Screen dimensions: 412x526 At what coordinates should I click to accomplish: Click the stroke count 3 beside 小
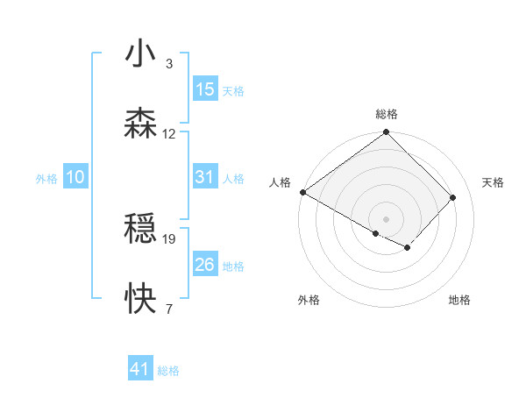point(168,64)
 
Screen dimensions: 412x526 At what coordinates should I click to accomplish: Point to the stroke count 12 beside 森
point(169,133)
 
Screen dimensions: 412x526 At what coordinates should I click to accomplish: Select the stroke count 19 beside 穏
point(169,238)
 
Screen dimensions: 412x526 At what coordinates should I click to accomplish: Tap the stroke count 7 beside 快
point(168,309)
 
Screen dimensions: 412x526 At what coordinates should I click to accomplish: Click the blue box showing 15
point(204,89)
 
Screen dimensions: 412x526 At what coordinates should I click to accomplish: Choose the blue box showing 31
point(204,177)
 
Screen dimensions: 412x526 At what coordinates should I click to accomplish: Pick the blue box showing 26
point(204,265)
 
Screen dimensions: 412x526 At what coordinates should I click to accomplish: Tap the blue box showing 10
point(75,177)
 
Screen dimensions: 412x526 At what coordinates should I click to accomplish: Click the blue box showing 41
point(140,369)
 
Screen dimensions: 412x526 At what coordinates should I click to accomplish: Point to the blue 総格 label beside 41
point(168,371)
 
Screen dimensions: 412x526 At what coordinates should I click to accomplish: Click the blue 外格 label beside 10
point(46,178)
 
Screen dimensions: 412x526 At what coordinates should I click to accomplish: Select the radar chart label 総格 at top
point(386,114)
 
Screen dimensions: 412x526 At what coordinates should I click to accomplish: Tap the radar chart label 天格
point(493,182)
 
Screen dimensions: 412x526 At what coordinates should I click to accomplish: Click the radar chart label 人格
point(279,182)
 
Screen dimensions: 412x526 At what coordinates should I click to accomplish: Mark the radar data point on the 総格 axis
point(386,133)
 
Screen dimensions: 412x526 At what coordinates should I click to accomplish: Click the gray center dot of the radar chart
point(386,218)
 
